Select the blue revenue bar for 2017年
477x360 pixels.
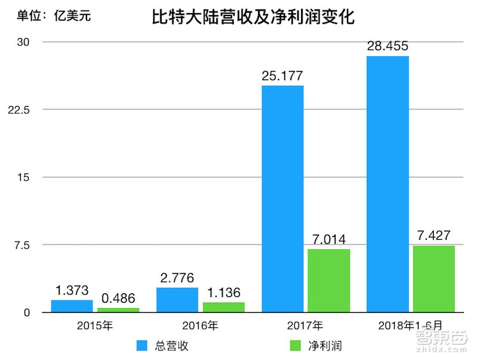tap(283, 199)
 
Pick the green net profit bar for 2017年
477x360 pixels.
tap(329, 281)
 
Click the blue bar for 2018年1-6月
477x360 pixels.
tap(388, 184)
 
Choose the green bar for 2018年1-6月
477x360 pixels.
tap(434, 279)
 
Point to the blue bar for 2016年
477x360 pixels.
tap(177, 300)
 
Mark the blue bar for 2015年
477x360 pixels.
tap(72, 306)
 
